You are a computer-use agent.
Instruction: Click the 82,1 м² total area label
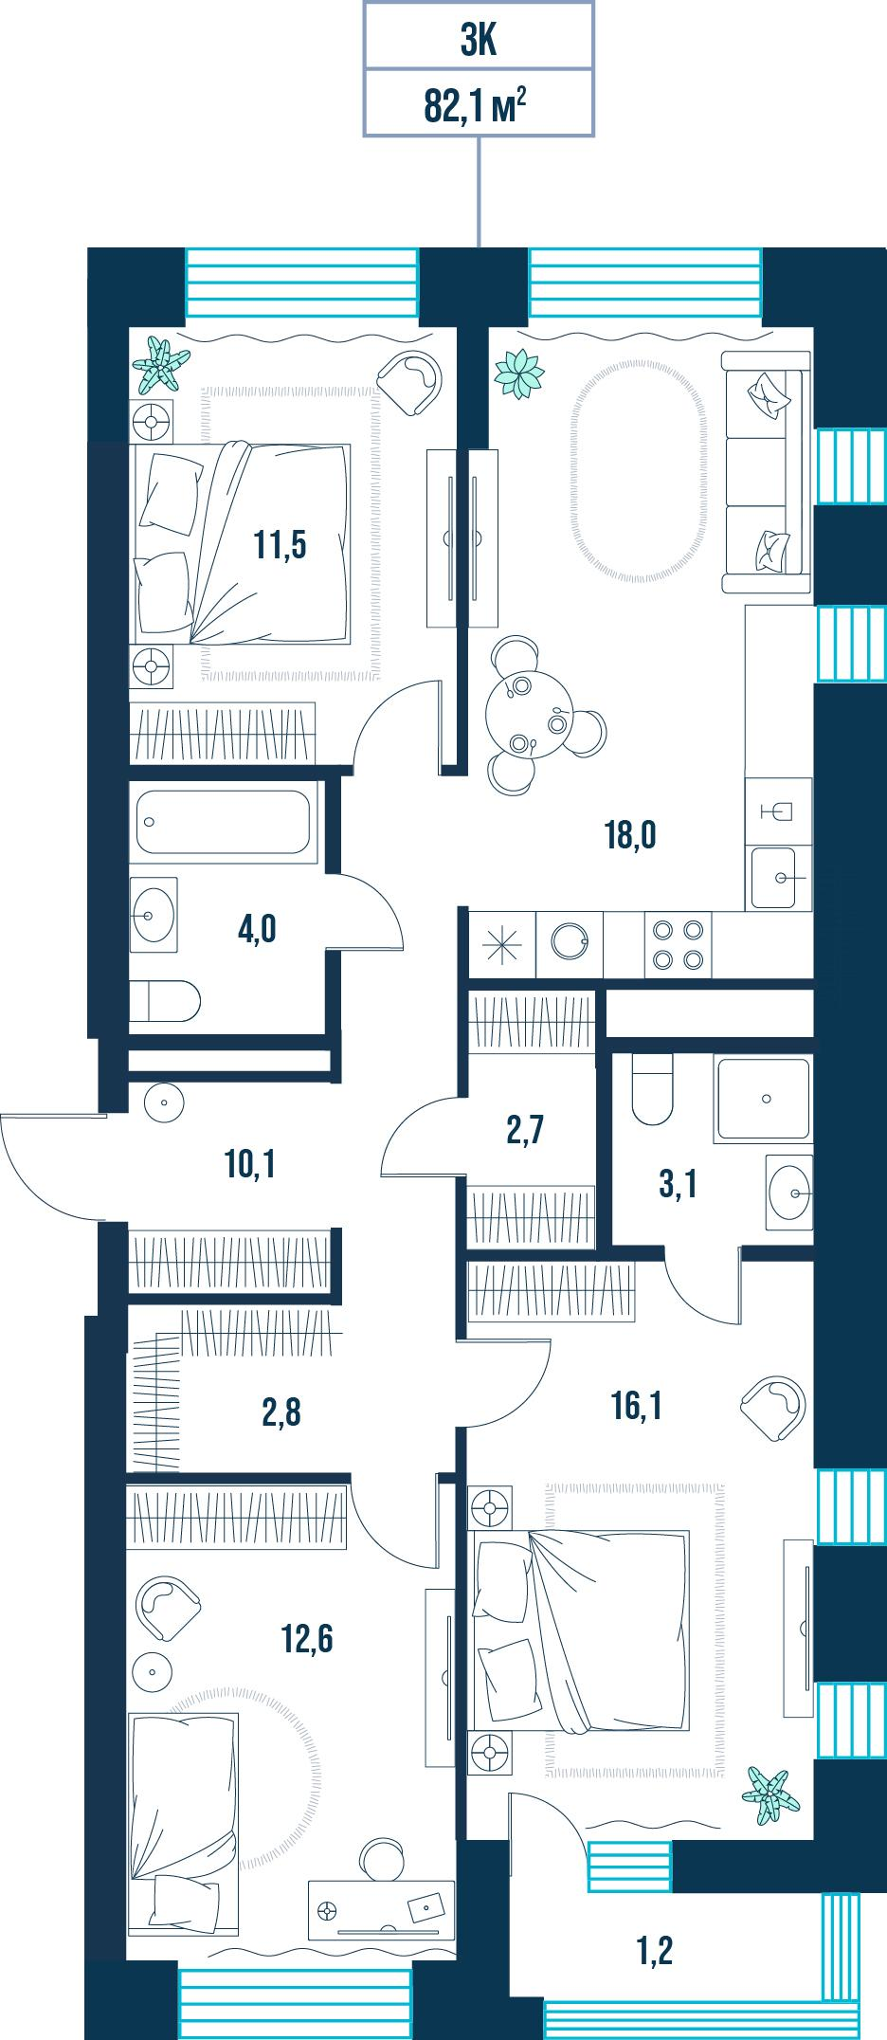point(476,105)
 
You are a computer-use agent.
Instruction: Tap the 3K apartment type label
point(480,42)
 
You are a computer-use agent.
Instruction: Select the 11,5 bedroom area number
point(280,545)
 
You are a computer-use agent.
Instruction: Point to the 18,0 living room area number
point(630,835)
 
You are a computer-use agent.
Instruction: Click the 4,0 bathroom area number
point(257,929)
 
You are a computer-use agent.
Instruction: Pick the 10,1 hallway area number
point(251,1164)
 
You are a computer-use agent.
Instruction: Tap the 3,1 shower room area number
point(679,1184)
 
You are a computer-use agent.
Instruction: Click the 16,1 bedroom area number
point(637,1406)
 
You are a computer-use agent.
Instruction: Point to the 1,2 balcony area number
point(656,1952)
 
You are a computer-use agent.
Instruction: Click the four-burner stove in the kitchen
point(679,944)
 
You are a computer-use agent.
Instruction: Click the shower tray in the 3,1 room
point(765,1098)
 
